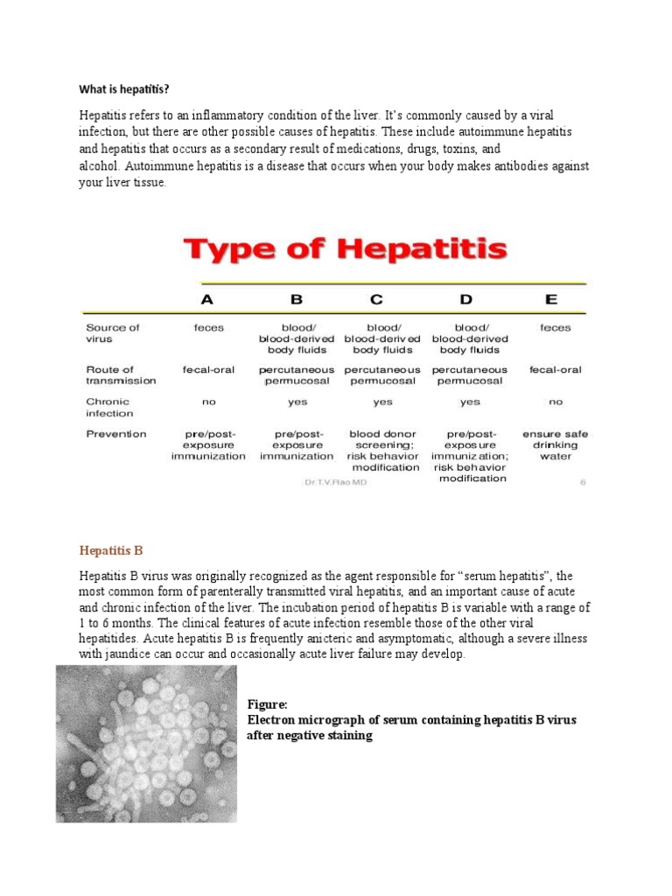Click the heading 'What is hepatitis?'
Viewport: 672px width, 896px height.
click(124, 89)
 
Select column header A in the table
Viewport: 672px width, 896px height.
click(207, 299)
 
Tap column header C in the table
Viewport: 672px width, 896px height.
click(376, 299)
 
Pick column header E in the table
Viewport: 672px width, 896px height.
click(550, 299)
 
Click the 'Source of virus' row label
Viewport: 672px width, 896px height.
click(112, 332)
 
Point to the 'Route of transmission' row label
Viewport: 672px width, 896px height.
click(121, 374)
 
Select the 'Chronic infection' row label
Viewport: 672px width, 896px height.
click(109, 408)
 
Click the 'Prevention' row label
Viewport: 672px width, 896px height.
click(116, 434)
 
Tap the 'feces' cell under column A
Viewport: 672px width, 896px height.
click(208, 328)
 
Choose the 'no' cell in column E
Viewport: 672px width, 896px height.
click(555, 402)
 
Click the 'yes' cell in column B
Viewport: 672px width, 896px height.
click(297, 402)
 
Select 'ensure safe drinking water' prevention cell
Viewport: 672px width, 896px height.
click(555, 444)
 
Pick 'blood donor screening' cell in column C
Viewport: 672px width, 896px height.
click(382, 450)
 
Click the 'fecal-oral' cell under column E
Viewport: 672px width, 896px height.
click(555, 370)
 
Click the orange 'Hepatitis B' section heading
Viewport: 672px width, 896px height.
click(111, 550)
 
